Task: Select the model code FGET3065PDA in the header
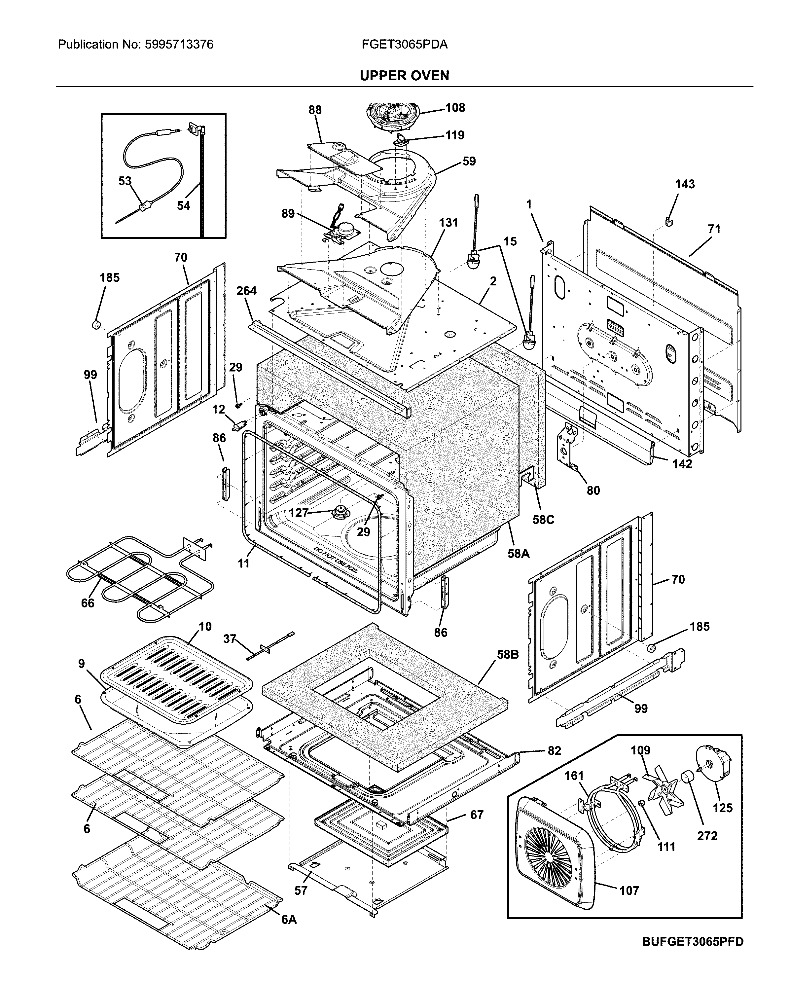404,45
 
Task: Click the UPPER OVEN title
404,76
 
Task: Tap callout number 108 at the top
455,108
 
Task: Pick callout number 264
246,291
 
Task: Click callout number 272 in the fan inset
707,836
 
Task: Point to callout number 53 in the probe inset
125,181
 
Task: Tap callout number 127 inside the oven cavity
298,513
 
